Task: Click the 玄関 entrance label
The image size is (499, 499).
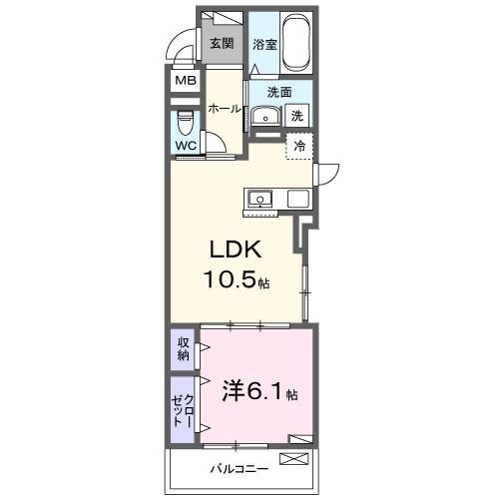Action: coord(222,43)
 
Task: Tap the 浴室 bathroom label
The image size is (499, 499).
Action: coord(263,44)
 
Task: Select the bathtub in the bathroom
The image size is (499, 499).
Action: coord(297,42)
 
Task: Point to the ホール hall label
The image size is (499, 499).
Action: coord(226,109)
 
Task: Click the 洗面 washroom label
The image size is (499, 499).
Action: coord(278,92)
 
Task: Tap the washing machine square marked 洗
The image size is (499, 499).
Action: coord(298,116)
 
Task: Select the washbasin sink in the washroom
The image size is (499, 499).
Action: coord(263,116)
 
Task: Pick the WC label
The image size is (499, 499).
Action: coord(186,146)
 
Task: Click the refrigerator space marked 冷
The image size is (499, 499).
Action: coord(299,146)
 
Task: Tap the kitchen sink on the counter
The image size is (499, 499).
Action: coord(259,198)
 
